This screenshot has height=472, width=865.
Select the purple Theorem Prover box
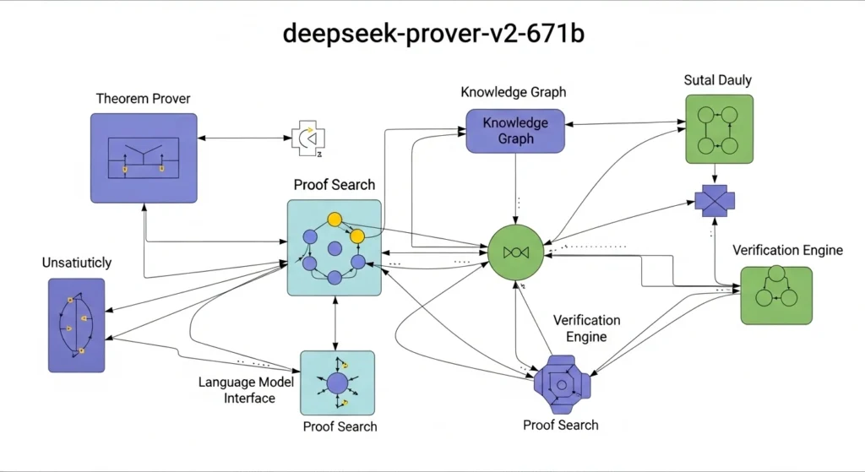pyautogui.click(x=144, y=158)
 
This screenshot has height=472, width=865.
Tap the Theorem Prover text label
pyautogui.click(x=143, y=99)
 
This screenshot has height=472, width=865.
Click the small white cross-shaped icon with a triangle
pyautogui.click(x=308, y=137)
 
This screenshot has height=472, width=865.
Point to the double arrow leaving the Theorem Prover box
pyautogui.click(x=244, y=137)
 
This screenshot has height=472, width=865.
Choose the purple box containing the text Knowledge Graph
pyautogui.click(x=514, y=130)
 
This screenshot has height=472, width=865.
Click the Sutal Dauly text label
pyautogui.click(x=717, y=80)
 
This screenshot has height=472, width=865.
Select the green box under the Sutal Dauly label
pyautogui.click(x=718, y=128)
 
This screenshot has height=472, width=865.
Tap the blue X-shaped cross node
pyautogui.click(x=715, y=201)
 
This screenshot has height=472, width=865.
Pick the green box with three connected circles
pyautogui.click(x=775, y=295)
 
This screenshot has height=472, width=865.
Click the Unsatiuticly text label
pyautogui.click(x=76, y=263)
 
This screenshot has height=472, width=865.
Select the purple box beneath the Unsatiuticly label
pyautogui.click(x=76, y=325)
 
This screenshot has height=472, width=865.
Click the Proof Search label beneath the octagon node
pyautogui.click(x=561, y=425)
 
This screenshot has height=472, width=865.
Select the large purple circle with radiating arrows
pyautogui.click(x=337, y=382)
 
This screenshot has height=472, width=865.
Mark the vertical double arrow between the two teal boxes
pyautogui.click(x=336, y=323)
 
